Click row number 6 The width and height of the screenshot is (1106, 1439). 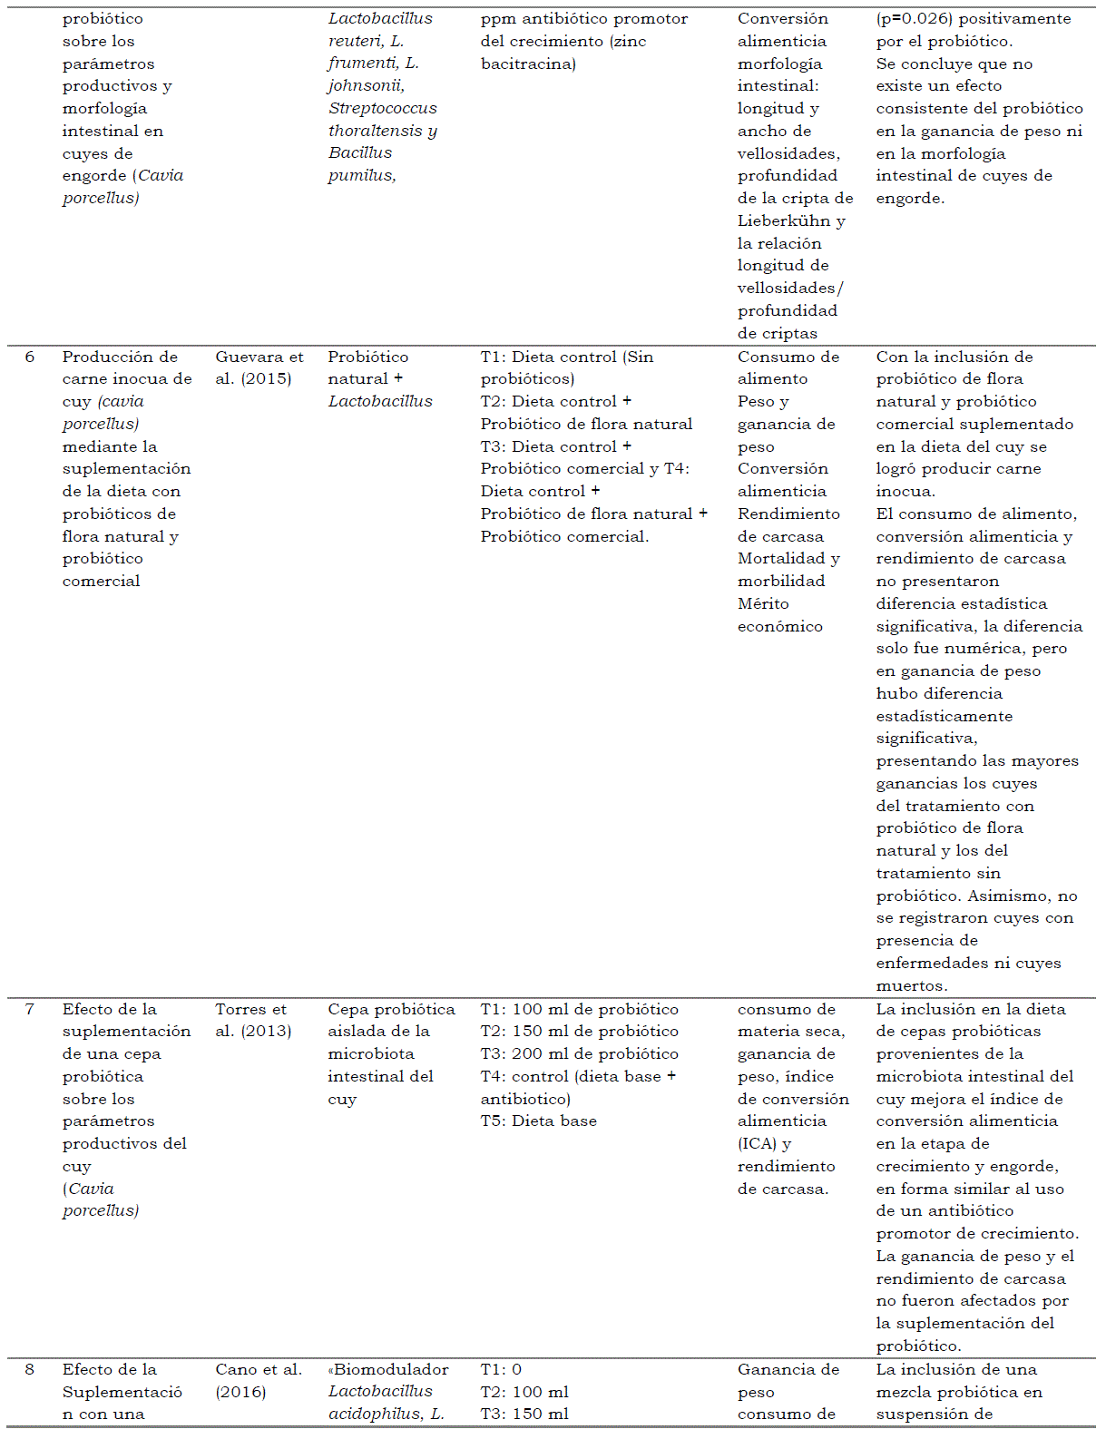(30, 357)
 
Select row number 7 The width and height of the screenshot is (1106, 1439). (30, 1010)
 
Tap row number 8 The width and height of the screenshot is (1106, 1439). (30, 1370)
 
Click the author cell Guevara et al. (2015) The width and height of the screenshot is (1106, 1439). (259, 368)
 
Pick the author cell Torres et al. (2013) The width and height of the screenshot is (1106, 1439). (252, 1021)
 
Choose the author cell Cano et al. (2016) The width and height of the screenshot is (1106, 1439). (258, 1381)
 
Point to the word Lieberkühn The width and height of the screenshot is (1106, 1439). (783, 221)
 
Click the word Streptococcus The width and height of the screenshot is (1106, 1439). (382, 109)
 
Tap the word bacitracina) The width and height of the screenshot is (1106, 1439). (528, 64)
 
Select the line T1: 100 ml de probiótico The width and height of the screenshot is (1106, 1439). (579, 1010)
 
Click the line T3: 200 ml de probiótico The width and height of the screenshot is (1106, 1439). (579, 1054)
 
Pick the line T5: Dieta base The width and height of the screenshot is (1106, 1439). (538, 1121)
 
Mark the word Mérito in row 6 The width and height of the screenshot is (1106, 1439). (763, 604)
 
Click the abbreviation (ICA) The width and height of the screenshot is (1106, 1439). (757, 1144)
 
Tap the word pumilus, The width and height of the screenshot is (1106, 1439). (361, 176)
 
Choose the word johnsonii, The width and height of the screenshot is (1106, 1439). (366, 86)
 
